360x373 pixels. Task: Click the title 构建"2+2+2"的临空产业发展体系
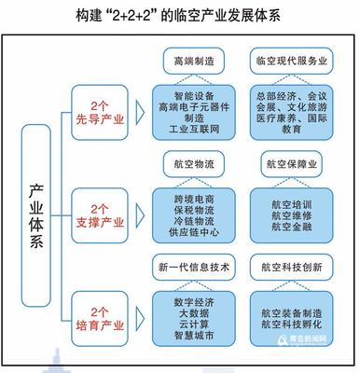(181, 16)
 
